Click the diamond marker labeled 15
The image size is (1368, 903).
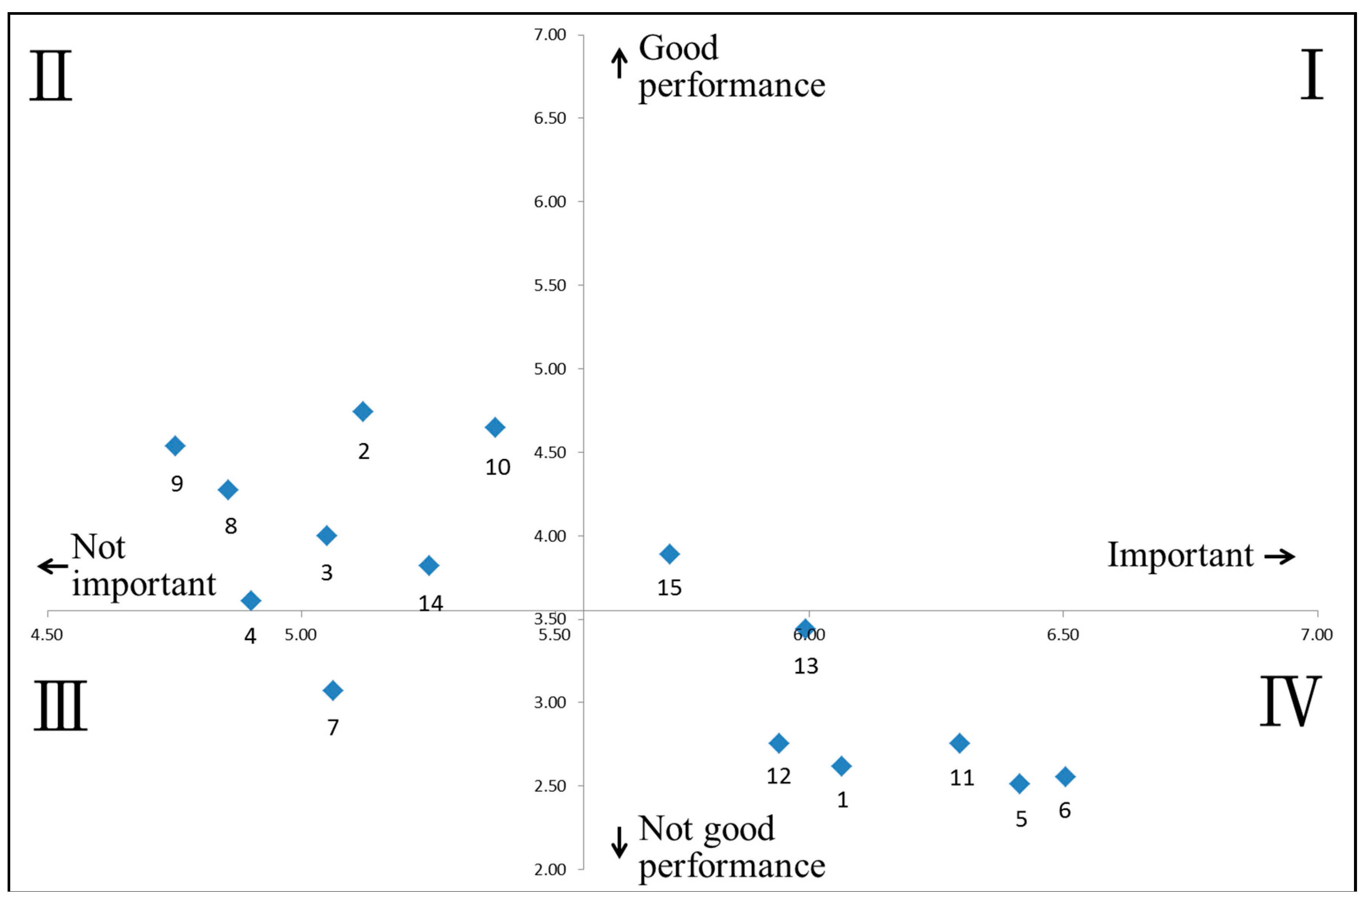[x=669, y=554]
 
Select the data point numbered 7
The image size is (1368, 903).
[x=332, y=690]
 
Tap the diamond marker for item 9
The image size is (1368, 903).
[x=175, y=445]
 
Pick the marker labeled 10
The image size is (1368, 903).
[x=495, y=427]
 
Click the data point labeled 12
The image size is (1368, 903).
[x=779, y=743]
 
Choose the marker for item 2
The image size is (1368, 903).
[x=362, y=411]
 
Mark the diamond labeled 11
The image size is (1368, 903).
[x=959, y=743]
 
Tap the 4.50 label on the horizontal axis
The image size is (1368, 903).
[x=47, y=635]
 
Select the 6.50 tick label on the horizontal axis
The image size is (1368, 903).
[x=1063, y=635]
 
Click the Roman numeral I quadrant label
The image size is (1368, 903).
[x=1312, y=75]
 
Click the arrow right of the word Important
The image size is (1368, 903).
[x=1280, y=556]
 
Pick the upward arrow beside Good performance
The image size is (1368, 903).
[x=619, y=63]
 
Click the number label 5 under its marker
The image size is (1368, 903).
[x=1021, y=819]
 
